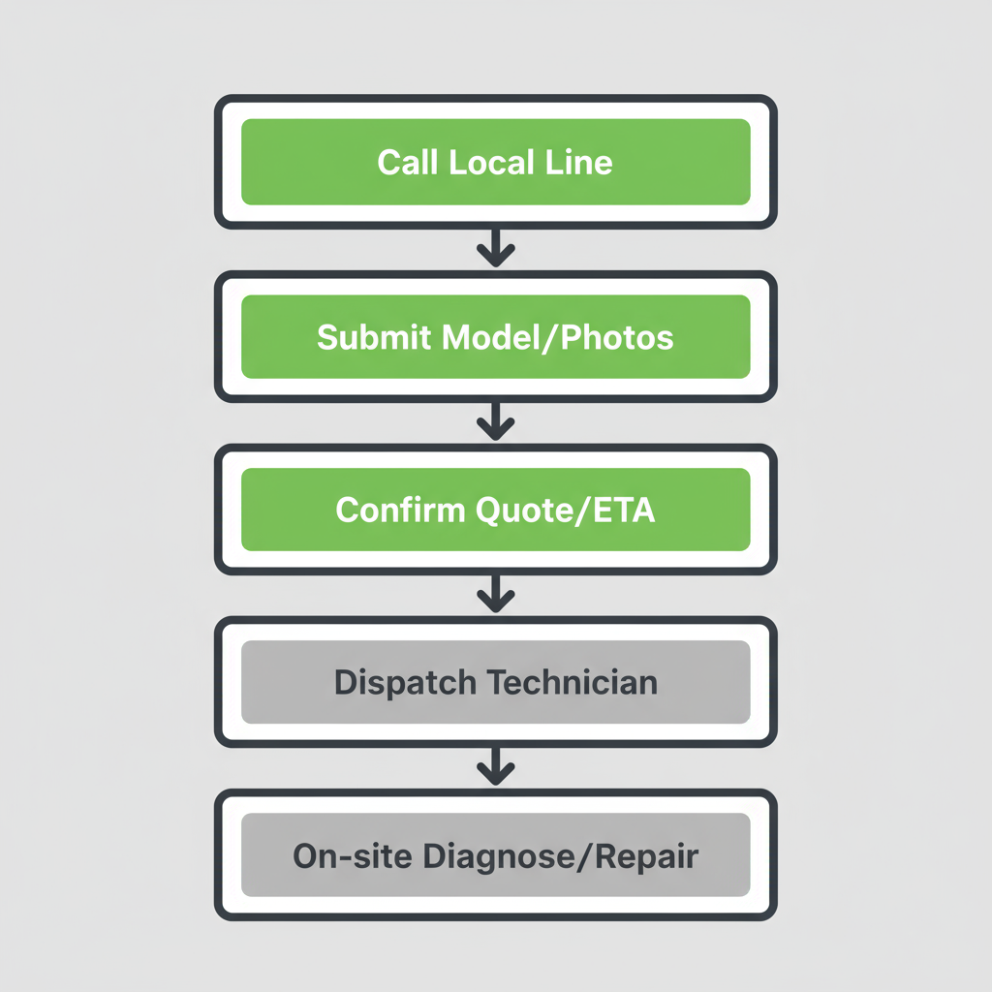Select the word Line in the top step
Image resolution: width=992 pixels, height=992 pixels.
[579, 161]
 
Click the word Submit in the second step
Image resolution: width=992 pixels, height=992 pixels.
[374, 337]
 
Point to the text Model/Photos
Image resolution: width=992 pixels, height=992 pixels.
[557, 337]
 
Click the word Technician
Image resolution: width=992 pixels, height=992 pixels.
[572, 682]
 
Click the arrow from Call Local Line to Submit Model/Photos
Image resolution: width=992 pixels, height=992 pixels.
[496, 248]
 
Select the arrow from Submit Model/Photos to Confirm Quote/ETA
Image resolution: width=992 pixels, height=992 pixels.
[496, 422]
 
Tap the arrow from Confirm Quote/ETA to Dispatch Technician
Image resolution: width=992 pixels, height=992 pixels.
[496, 594]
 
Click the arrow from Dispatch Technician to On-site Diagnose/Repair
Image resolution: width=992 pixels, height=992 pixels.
[496, 767]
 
